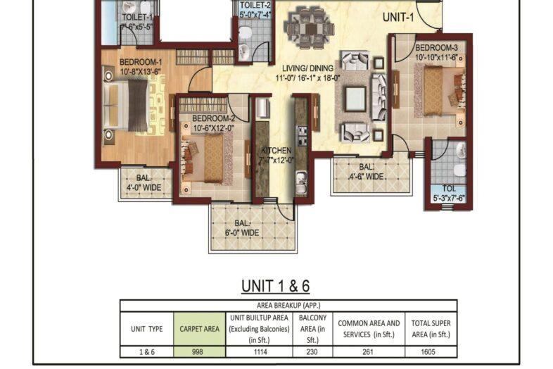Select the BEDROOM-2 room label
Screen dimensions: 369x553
(212, 123)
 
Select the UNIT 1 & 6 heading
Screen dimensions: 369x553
(276, 286)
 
